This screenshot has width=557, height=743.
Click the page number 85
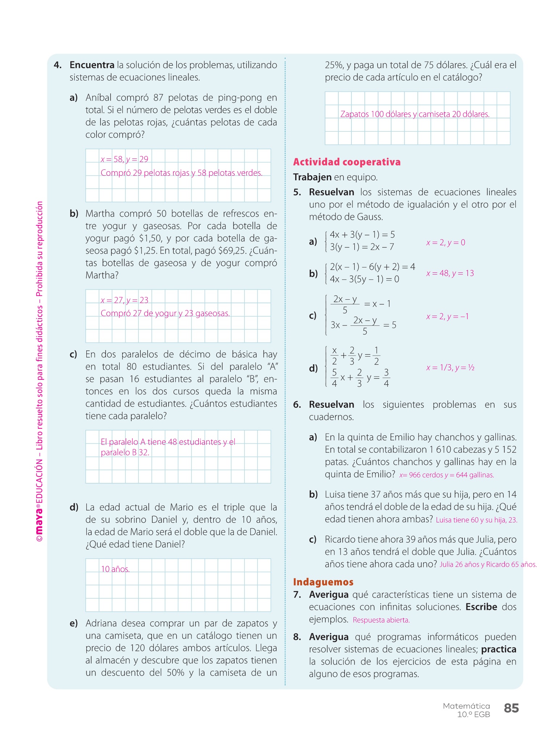coord(511,708)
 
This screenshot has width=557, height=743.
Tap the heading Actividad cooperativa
coord(347,162)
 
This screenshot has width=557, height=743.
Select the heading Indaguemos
coord(323,582)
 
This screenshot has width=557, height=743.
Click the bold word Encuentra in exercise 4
coord(92,65)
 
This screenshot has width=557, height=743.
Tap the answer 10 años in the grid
coord(115,569)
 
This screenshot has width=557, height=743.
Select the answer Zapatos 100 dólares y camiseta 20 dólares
coord(414,114)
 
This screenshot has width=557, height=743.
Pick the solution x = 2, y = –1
coord(447,316)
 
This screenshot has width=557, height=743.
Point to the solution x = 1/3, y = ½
coord(450,368)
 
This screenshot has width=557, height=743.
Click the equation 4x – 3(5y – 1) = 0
coord(364,279)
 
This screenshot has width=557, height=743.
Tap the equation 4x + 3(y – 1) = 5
coord(362,234)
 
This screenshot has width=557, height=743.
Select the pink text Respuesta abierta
coord(381,620)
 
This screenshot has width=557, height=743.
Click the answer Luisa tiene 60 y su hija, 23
coord(476,520)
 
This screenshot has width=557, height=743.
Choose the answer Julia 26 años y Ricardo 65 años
coord(488,565)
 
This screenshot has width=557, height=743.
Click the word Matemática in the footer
coord(466,706)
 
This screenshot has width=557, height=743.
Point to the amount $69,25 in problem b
coord(232,251)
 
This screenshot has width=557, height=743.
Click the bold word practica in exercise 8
coord(499,649)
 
